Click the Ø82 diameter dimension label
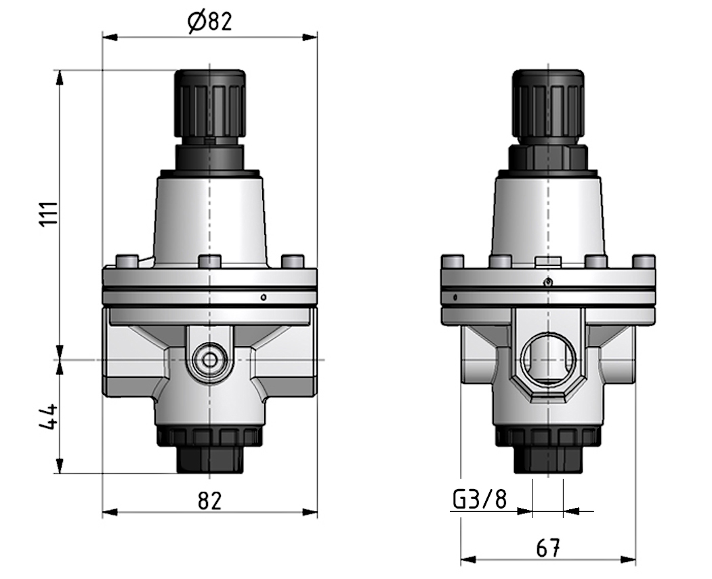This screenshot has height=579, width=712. pos(209,22)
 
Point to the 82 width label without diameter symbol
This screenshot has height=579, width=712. pos(209,500)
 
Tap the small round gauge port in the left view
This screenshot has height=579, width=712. pos(209,358)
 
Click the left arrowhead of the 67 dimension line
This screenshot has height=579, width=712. pos(467,560)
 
